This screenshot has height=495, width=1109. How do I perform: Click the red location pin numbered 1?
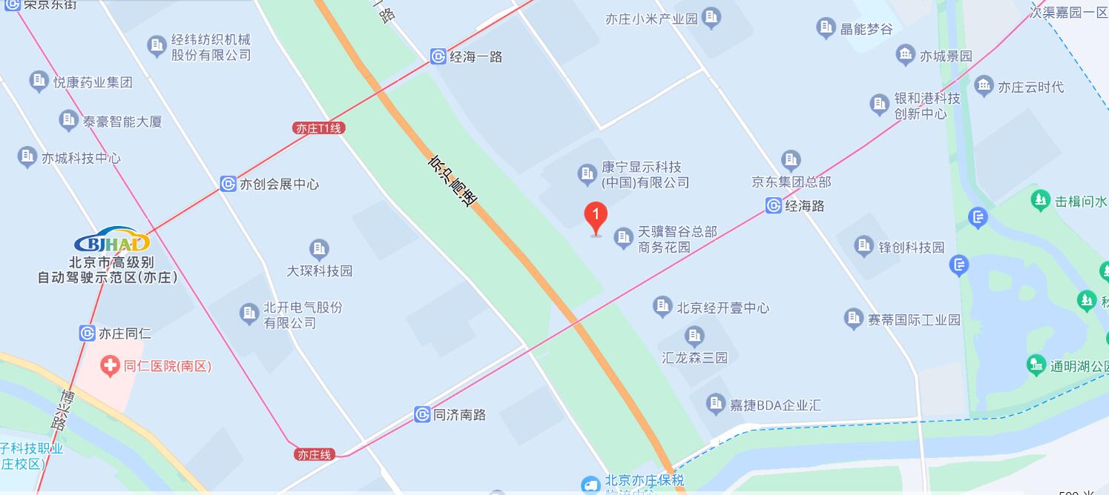pos(596,217)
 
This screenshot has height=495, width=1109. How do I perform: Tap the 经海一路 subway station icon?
pos(438,56)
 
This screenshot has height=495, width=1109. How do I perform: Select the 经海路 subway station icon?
pos(774,206)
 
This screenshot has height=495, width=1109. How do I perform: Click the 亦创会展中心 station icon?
pos(228,184)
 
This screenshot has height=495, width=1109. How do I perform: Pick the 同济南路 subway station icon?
pos(422,415)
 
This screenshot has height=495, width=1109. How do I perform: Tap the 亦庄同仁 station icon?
pos(88,333)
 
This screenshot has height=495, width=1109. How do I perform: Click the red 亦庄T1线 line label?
pos(319,128)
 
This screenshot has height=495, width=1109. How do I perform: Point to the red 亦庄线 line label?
pos(314,454)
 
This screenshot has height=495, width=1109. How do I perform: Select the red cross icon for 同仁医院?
pos(111,366)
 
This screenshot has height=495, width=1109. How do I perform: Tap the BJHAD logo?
pos(112,241)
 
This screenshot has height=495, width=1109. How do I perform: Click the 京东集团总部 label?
pos(792,182)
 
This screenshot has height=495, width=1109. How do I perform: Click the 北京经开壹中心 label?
pos(722,308)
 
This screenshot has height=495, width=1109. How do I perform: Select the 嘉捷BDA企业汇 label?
pos(775,405)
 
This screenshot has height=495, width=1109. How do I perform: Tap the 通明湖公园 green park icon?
pos(1036,365)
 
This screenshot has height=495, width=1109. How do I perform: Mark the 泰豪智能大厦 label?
pos(122,121)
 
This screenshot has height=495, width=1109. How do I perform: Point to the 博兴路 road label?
pos(63,409)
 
